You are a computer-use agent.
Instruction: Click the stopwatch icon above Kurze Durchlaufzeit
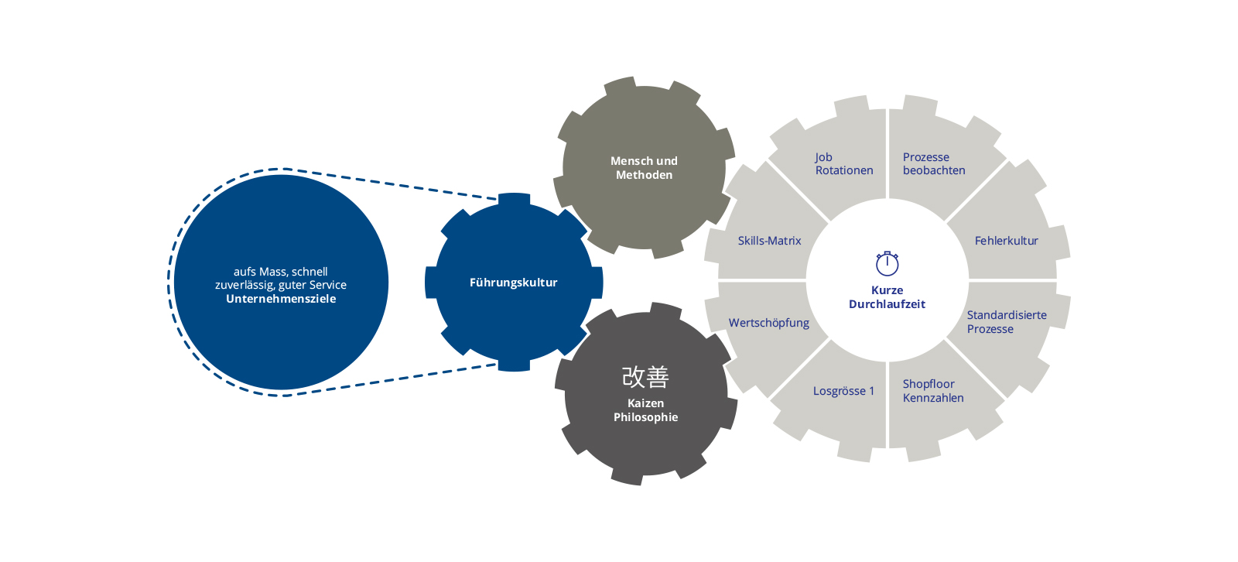pyautogui.click(x=887, y=264)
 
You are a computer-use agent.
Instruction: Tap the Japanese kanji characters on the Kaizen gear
pyautogui.click(x=645, y=377)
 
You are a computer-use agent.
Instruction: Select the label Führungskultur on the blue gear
pyautogui.click(x=513, y=283)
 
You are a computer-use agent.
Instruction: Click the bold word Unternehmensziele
pyautogui.click(x=281, y=299)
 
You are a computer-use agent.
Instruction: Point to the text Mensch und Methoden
pyautogui.click(x=644, y=168)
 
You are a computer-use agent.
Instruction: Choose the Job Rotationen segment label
pyautogui.click(x=843, y=164)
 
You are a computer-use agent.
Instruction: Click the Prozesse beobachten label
pyautogui.click(x=933, y=164)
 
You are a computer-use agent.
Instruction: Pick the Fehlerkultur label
pyautogui.click(x=1006, y=241)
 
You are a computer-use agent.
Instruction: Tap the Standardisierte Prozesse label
pyautogui.click(x=1006, y=322)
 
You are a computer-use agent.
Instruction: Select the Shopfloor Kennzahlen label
pyautogui.click(x=932, y=391)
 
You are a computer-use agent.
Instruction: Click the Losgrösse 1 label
pyautogui.click(x=843, y=391)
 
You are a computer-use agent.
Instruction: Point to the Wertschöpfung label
pyautogui.click(x=768, y=323)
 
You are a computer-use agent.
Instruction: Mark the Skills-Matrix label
pyautogui.click(x=769, y=241)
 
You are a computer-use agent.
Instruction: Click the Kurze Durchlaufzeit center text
pyautogui.click(x=887, y=297)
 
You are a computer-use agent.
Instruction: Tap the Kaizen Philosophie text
pyautogui.click(x=645, y=410)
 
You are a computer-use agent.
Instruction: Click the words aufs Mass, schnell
pyautogui.click(x=281, y=272)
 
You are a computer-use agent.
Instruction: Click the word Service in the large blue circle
pyautogui.click(x=327, y=285)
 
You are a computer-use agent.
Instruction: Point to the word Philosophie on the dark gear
pyautogui.click(x=645, y=417)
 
